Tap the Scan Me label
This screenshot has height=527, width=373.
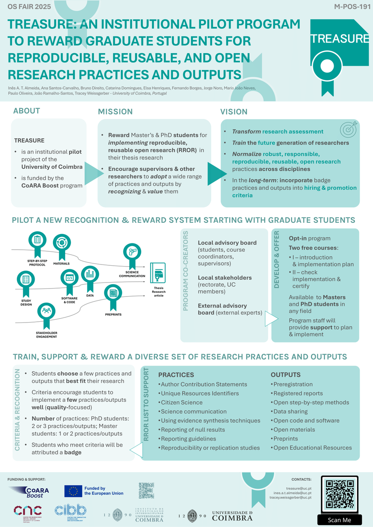[339, 520]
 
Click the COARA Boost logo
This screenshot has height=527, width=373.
[30, 492]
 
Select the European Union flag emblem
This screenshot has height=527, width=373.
[73, 491]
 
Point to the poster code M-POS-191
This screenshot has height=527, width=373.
[352, 7]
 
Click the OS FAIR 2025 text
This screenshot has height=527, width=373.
[29, 7]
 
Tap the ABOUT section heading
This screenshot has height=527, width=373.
[27, 111]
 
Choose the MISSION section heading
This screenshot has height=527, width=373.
[115, 112]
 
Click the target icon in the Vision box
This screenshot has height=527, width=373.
[348, 129]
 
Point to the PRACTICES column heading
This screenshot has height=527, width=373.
[176, 375]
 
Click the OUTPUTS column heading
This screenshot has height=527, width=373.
[285, 375]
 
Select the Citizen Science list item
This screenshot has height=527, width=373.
[182, 403]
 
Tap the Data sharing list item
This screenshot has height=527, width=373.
[291, 411]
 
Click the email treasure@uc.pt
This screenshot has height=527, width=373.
[299, 489]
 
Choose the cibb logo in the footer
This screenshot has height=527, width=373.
[70, 510]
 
